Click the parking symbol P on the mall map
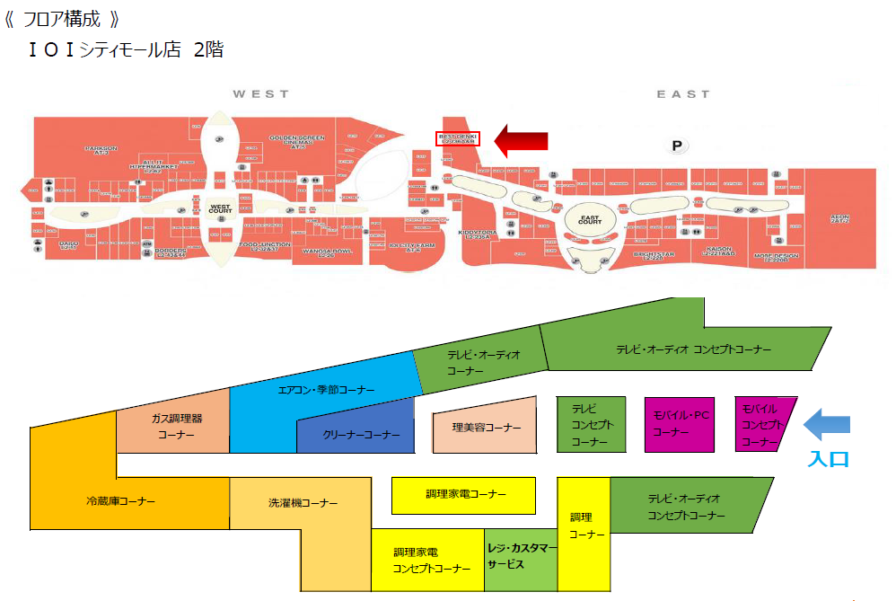tap(678, 145)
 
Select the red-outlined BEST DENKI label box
tap(458, 138)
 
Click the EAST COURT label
tap(590, 219)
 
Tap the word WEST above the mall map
tap(260, 93)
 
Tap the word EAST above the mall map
tap(682, 93)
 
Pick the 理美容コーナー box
tap(486, 428)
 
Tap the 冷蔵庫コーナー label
tap(120, 501)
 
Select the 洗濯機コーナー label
tap(303, 503)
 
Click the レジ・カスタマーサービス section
tap(521, 556)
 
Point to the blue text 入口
tap(827, 458)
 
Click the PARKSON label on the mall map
tap(102, 150)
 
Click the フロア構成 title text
tap(62, 19)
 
